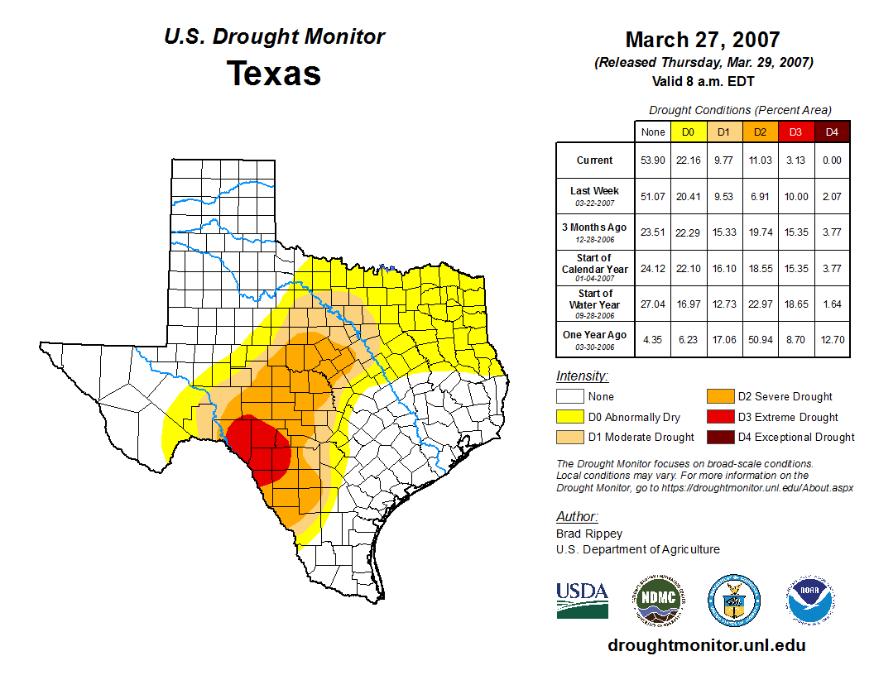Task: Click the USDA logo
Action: (582, 600)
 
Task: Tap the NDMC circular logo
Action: (659, 600)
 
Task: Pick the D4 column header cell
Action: (832, 132)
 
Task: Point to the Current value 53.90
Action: (653, 160)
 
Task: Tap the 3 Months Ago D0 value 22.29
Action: (688, 232)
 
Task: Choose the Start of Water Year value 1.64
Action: (832, 304)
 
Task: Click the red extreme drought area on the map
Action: (258, 451)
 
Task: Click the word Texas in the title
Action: (274, 73)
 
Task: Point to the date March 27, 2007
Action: (703, 40)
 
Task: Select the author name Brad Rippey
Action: (588, 534)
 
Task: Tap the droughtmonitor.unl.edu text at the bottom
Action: (706, 645)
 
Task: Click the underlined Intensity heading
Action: (582, 376)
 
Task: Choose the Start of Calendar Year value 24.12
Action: (653, 268)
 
